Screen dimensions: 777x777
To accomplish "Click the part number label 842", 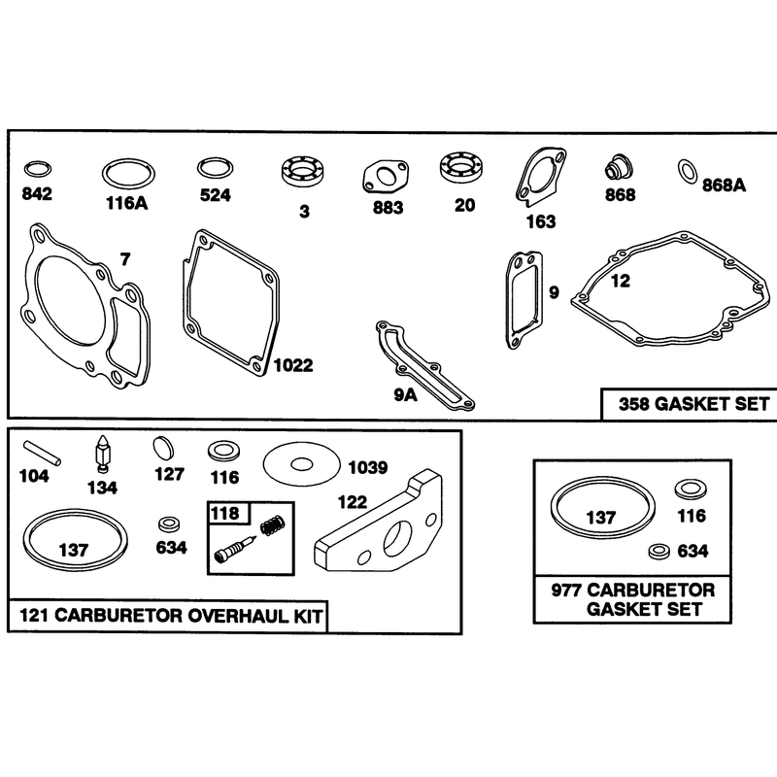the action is (x=37, y=193).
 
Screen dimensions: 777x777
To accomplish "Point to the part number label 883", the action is (x=388, y=207).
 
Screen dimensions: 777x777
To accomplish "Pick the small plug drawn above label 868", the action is (x=619, y=168).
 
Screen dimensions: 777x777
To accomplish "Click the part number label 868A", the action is (x=724, y=186).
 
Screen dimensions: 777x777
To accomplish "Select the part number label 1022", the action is (x=293, y=366).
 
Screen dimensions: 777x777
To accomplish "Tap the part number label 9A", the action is (x=405, y=395).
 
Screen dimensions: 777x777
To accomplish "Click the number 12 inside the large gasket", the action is (x=620, y=281).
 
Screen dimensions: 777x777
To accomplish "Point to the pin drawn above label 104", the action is (x=42, y=454).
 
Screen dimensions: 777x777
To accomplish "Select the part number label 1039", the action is (x=368, y=467).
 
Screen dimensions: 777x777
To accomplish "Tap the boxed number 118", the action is (x=225, y=514).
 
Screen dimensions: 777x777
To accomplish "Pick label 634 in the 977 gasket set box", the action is (x=693, y=551).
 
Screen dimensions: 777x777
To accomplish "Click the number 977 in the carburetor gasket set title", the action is (x=566, y=591).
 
